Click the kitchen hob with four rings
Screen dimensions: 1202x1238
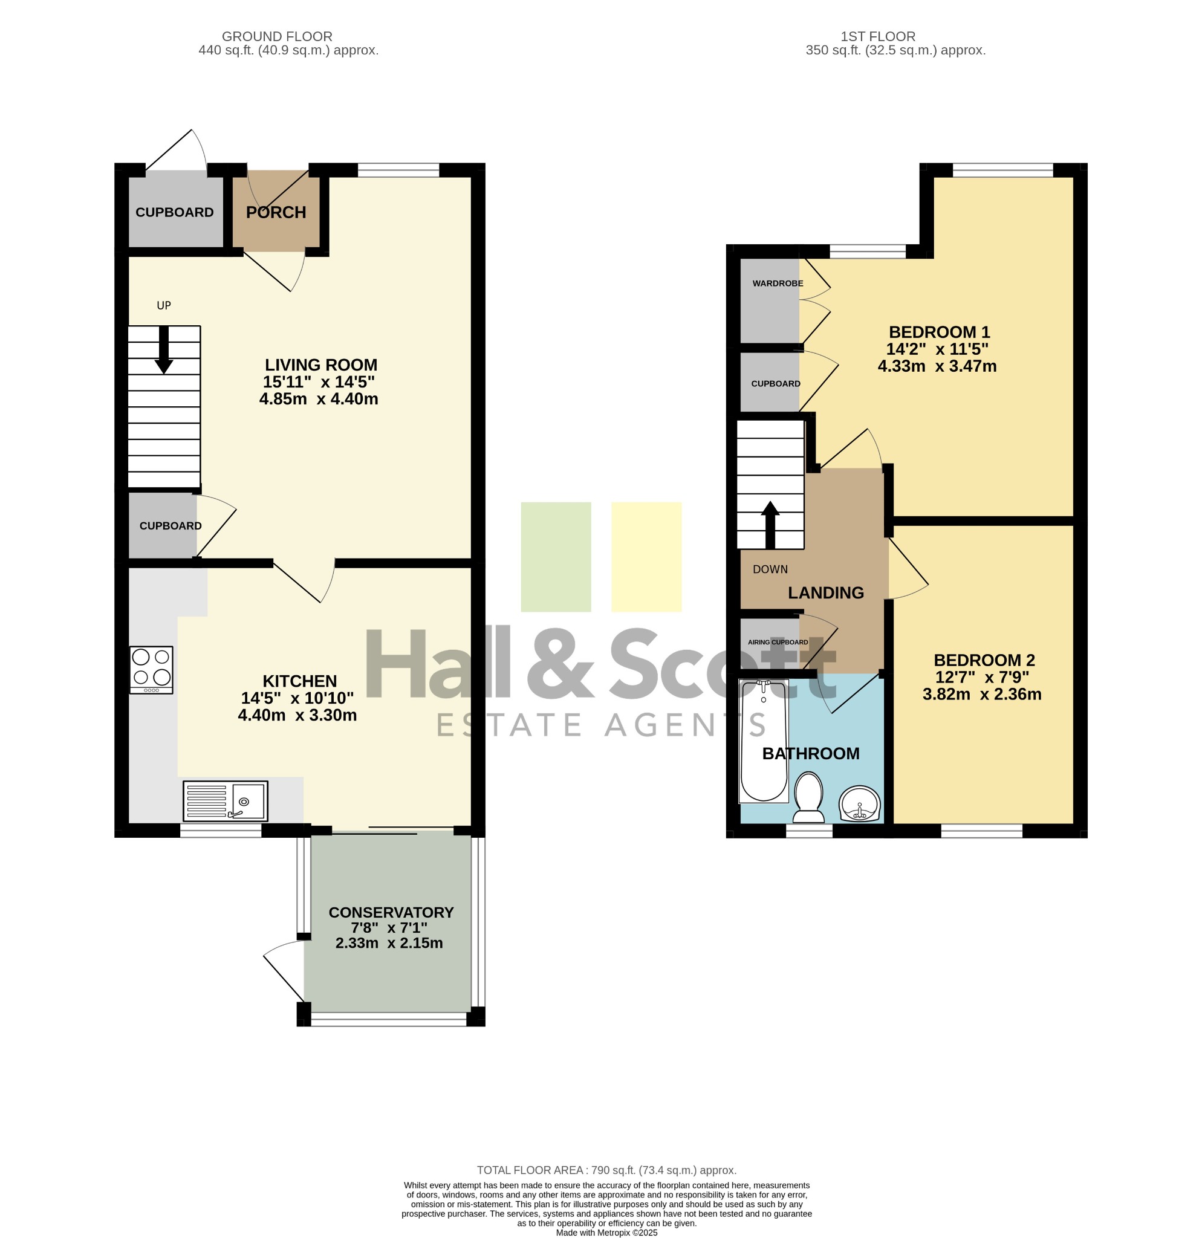[x=151, y=670]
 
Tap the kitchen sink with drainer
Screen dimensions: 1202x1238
[x=226, y=801]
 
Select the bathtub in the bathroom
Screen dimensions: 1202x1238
[x=764, y=741]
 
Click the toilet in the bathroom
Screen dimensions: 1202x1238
[x=808, y=797]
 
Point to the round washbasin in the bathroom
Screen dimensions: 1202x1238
[x=860, y=804]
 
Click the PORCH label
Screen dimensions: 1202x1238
[x=276, y=212]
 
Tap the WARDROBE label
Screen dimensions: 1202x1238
[x=778, y=283]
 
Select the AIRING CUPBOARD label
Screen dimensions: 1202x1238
[x=778, y=642]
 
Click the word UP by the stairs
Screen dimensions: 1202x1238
[x=164, y=305]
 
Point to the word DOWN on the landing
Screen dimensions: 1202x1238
[x=770, y=569]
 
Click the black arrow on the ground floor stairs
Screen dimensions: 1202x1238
[x=164, y=350]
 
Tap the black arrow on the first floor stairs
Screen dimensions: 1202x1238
[x=770, y=525]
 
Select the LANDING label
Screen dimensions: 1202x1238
[x=825, y=592]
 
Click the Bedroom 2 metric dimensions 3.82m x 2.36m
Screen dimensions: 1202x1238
[x=981, y=694]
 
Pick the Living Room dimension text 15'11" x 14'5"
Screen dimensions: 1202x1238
[x=319, y=381]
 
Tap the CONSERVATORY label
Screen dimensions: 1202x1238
[x=391, y=912]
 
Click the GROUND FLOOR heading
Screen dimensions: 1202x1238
[x=277, y=37]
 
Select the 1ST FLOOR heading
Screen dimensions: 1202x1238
[x=878, y=37]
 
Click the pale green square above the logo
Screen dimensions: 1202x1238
[x=556, y=557]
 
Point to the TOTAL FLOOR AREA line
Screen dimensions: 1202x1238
[x=606, y=1170]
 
